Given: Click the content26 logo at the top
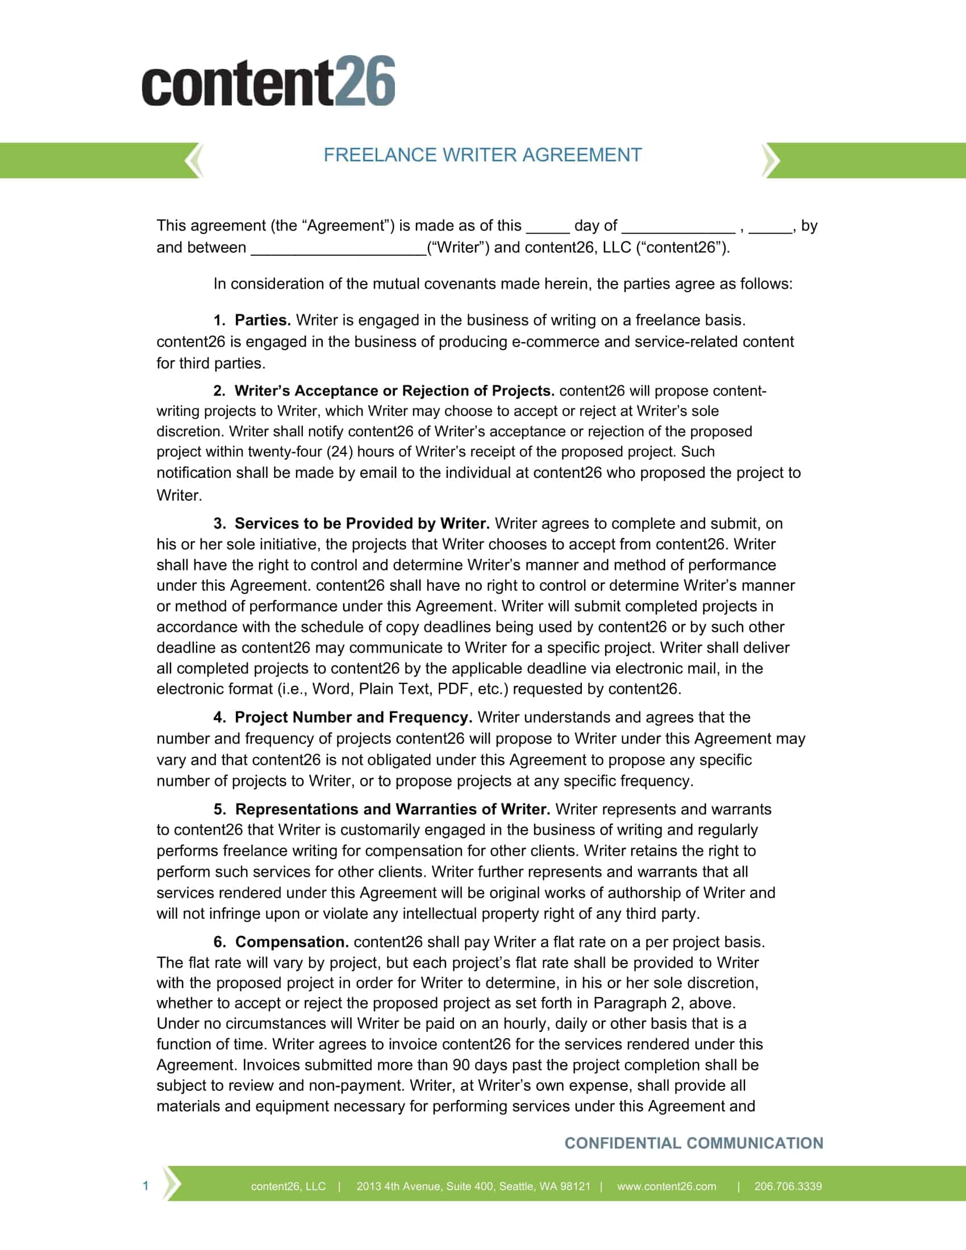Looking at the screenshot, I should coord(268,81).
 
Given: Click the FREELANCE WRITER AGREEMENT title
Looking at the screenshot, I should coord(482,155).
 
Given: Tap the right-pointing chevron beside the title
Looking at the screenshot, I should coord(771,160).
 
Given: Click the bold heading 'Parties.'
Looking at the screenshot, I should coord(263,320).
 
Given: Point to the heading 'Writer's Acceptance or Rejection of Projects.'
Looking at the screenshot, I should coord(394,391).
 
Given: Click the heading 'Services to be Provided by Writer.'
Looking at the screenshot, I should coord(361,524).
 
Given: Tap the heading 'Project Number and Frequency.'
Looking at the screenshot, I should coord(353,718).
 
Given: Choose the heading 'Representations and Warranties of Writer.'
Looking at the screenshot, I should coord(393,809).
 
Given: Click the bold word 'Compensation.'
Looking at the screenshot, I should coord(292,942).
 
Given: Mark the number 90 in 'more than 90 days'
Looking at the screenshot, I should coord(461,1065).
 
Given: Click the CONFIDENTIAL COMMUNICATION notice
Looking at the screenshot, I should coord(694,1143).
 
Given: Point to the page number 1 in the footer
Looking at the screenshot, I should coord(145,1186).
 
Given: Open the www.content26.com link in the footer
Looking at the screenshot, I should coord(666,1186).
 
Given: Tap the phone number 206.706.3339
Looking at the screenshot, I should coord(788,1186).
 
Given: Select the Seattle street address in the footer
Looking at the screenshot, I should coord(473,1186).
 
